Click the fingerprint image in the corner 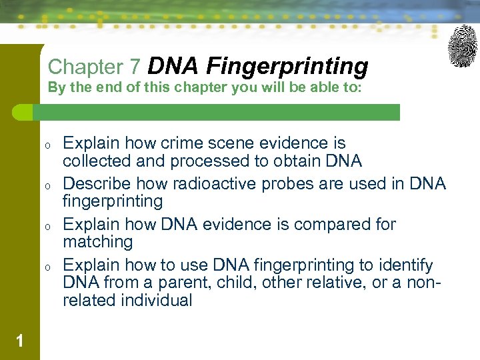[462, 46]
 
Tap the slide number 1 [20, 341]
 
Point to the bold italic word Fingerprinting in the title [287, 66]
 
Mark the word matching [98, 241]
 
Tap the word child [229, 282]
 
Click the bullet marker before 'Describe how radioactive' [48, 185]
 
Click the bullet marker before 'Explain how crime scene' [48, 144]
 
